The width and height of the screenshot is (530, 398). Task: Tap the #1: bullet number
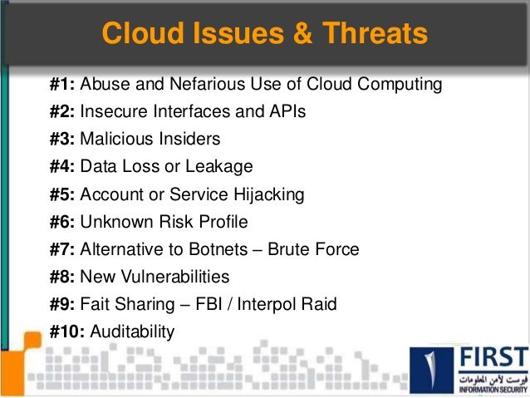click(x=62, y=84)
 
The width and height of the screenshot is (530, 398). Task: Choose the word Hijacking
click(x=268, y=194)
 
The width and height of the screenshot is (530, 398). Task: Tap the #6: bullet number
click(x=62, y=222)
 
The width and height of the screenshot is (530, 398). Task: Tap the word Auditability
click(x=132, y=332)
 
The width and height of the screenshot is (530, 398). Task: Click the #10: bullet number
click(x=66, y=332)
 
